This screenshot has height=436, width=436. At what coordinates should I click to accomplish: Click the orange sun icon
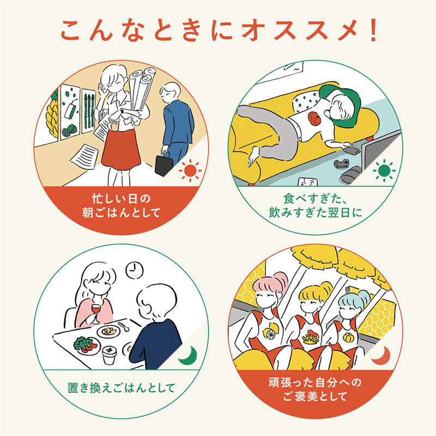(190, 171)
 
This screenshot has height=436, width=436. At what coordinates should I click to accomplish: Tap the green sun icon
(384, 171)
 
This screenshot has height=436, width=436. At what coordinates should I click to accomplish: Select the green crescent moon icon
(189, 356)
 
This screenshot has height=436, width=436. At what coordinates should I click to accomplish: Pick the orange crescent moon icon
(381, 356)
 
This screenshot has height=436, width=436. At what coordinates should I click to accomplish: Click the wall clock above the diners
(135, 270)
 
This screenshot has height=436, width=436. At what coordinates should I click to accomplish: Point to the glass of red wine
(96, 312)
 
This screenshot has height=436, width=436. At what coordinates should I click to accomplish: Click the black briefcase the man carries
(164, 166)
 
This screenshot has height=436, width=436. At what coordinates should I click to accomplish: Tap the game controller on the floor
(341, 162)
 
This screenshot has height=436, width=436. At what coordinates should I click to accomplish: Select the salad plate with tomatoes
(86, 346)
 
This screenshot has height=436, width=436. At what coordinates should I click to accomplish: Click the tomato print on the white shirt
(315, 118)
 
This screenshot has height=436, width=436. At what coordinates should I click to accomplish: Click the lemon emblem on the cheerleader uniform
(270, 331)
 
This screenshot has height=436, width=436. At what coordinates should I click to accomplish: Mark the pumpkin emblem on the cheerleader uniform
(348, 337)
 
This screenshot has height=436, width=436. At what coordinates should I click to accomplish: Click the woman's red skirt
(120, 149)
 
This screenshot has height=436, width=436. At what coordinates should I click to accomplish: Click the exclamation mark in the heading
(373, 30)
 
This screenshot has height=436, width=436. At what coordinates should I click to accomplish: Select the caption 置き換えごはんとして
(121, 387)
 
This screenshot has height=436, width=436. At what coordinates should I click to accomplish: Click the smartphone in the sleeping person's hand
(352, 150)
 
